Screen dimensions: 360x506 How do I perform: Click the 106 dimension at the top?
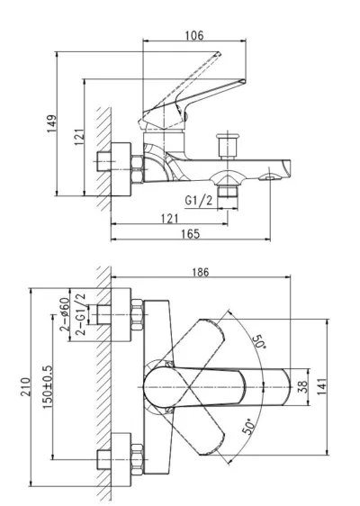coord(194,35)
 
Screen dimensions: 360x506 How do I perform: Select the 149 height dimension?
coord(51,123)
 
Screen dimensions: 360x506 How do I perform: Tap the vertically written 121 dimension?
coord(79,137)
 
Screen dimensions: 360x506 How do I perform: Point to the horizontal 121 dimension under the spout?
coord(170,219)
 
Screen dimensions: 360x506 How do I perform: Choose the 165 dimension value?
coord(191,233)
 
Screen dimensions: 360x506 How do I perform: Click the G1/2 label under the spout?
coord(199,201)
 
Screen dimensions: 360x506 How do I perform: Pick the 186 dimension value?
coord(201,272)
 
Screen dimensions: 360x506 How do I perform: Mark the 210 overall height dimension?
coord(25,387)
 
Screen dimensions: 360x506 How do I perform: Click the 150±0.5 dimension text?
coord(48,387)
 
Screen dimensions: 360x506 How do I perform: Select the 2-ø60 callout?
coord(65,314)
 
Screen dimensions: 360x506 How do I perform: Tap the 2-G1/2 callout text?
coord(81,314)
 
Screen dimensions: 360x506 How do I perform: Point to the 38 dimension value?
coord(302,387)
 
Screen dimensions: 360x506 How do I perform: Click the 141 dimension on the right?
coord(322,386)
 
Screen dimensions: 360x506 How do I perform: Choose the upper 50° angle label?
coord(259,342)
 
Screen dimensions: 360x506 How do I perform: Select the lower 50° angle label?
coord(247,427)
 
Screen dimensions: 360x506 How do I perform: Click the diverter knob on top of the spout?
coord(228,145)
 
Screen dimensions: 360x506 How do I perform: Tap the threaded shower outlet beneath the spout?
coord(228,192)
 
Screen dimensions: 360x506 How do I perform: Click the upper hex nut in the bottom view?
coord(137,315)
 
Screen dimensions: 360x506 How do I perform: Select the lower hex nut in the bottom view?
coord(137,459)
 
